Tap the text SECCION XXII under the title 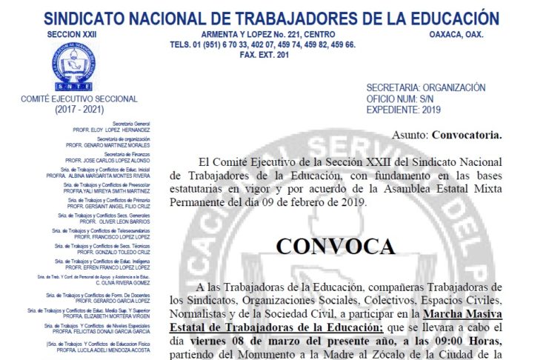[x=71, y=34]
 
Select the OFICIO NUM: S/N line [x=401, y=99]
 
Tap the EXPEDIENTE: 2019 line [x=403, y=110]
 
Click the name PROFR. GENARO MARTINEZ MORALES [x=107, y=144]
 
